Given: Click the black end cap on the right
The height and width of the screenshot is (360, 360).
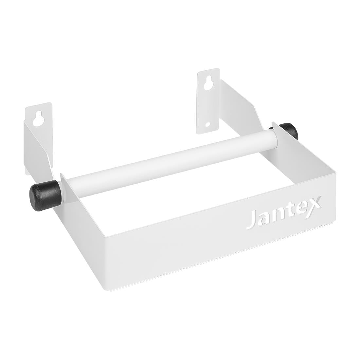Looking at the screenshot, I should tap(288, 131).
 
